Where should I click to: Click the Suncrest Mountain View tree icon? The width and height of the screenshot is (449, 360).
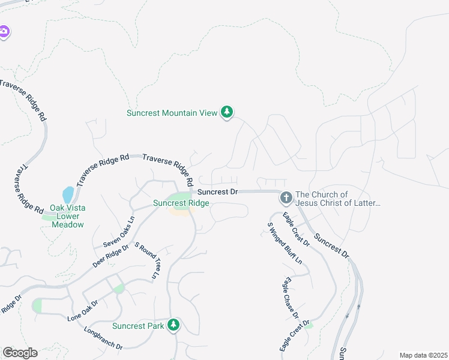[226, 112]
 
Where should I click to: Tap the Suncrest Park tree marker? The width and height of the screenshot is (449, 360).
[173, 325]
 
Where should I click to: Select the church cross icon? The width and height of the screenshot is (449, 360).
[286, 197]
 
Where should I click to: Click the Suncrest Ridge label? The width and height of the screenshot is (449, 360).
[181, 203]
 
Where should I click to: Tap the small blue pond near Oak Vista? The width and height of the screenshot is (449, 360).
[68, 195]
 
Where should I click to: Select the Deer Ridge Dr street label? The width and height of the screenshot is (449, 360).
[111, 255]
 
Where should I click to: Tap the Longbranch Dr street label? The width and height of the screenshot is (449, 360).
[103, 338]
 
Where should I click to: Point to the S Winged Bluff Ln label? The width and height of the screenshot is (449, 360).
[284, 247]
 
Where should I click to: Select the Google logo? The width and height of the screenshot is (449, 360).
[20, 353]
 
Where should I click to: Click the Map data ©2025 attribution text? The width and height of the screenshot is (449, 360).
[423, 355]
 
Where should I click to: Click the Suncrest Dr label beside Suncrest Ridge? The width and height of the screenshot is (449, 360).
[218, 192]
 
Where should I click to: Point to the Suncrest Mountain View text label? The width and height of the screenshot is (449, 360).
[172, 113]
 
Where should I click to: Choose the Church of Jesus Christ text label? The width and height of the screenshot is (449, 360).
[338, 199]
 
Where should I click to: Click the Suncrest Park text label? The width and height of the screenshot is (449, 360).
[138, 326]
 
